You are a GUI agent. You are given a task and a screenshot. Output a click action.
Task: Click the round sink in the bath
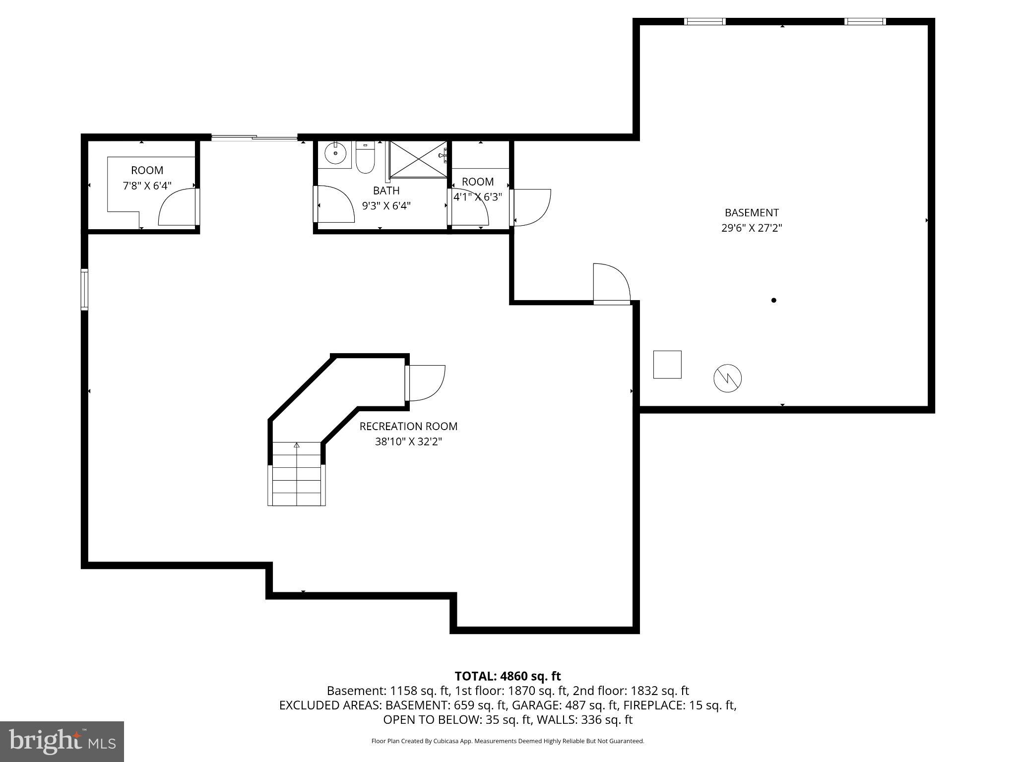pyautogui.click(x=336, y=154)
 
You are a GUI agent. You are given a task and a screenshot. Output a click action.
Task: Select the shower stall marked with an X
pyautogui.click(x=418, y=159)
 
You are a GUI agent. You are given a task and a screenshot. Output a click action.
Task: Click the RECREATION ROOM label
pyautogui.click(x=408, y=426)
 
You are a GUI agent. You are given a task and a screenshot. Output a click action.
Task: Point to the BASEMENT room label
pyautogui.click(x=752, y=213)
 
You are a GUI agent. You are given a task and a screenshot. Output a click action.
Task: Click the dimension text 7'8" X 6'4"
pyautogui.click(x=147, y=186)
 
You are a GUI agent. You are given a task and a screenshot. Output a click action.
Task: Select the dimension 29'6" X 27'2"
pyautogui.click(x=752, y=228)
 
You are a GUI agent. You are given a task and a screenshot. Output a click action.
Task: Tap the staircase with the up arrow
pyautogui.click(x=297, y=474)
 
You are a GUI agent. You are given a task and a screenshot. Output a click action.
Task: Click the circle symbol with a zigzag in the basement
pyautogui.click(x=727, y=379)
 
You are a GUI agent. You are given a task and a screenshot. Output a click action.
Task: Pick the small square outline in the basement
pyautogui.click(x=667, y=365)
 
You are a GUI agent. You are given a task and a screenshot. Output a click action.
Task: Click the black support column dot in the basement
pyautogui.click(x=773, y=300)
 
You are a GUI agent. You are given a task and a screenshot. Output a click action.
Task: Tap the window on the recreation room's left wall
pyautogui.click(x=84, y=290)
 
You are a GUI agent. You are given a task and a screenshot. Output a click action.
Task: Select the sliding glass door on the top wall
pyautogui.click(x=254, y=138)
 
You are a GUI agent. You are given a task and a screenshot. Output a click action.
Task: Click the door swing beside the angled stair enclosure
pyautogui.click(x=426, y=382)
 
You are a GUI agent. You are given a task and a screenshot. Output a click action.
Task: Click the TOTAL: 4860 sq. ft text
pyautogui.click(x=508, y=676)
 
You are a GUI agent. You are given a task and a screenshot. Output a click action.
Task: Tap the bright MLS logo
pyautogui.click(x=62, y=742)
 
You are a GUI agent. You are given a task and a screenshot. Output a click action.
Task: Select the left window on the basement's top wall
pyautogui.click(x=704, y=21)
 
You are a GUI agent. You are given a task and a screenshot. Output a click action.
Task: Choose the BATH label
pyautogui.click(x=386, y=190)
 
